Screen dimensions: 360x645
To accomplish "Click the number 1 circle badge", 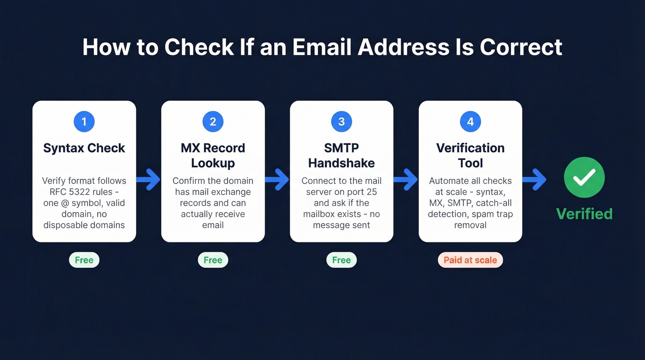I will click(x=84, y=122).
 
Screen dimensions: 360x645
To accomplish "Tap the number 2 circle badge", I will click(x=213, y=122).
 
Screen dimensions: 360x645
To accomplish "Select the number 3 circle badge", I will click(x=341, y=122).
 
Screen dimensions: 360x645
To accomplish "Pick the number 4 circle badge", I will click(x=470, y=122).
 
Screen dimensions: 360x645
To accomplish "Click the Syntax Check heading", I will click(x=84, y=148).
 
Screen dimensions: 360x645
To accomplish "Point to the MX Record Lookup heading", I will click(x=213, y=155).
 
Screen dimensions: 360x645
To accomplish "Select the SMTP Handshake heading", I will click(x=341, y=155).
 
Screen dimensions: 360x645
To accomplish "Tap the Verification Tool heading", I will click(x=470, y=155).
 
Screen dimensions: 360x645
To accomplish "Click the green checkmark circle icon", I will click(x=584, y=177).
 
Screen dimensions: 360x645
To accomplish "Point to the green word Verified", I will click(x=584, y=214).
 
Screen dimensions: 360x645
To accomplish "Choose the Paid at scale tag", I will click(x=470, y=260).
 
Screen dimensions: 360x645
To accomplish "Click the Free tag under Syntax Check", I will click(x=84, y=260).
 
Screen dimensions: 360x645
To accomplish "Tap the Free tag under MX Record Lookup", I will click(x=213, y=260).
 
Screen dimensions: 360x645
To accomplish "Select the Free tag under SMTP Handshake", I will click(x=341, y=260).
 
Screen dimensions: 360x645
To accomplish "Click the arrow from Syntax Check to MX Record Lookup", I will click(x=148, y=179).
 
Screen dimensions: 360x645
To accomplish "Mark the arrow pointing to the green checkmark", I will click(x=534, y=179).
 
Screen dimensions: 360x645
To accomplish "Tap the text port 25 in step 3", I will click(x=364, y=192).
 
